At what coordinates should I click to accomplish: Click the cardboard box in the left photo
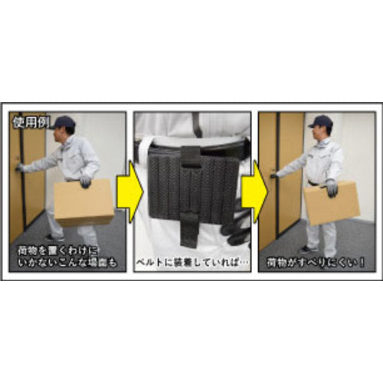coord(84,201)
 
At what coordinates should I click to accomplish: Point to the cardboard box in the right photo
coord(332,202)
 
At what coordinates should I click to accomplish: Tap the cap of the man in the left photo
coord(64,123)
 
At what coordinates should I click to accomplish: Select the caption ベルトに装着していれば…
coord(192,260)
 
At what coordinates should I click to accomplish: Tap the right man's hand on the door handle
coord(273,175)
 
